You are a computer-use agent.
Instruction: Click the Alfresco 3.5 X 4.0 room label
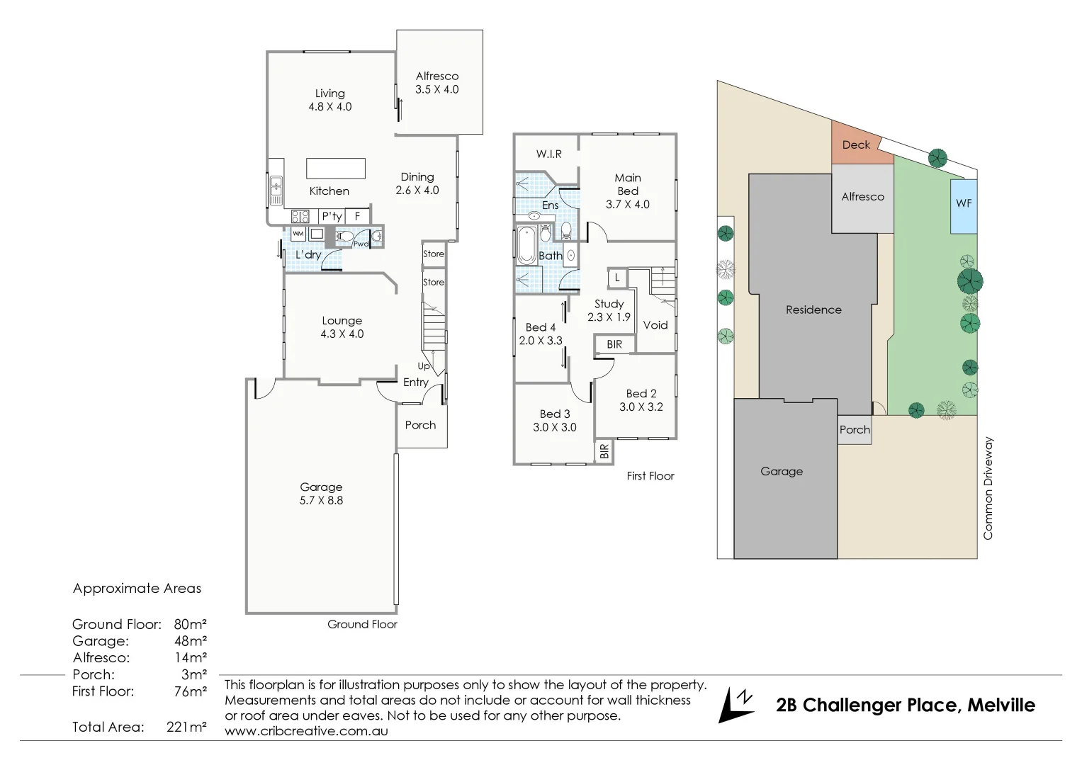coord(436,83)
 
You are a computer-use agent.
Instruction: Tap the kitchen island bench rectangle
coord(336,169)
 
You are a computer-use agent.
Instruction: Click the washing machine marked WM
coord(298,234)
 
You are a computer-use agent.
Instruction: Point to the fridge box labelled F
coord(358,216)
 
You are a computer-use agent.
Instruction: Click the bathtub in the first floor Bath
coord(526,245)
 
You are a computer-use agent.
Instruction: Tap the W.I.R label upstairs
coord(548,154)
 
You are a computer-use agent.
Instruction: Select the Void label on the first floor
coord(655,325)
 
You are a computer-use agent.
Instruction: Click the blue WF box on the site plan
coord(964,204)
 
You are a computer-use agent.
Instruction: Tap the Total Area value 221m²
coord(186,727)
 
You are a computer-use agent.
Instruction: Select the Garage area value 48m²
coord(190,641)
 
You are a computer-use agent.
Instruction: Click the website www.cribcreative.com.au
coord(306,731)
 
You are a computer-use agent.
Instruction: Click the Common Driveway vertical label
coord(988,488)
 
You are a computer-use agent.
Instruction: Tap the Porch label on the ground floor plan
coord(420,425)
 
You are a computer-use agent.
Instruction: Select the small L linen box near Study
coord(617,278)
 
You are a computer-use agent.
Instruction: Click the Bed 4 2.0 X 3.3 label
coord(540,334)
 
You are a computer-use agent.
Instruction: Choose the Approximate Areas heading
coord(137,589)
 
